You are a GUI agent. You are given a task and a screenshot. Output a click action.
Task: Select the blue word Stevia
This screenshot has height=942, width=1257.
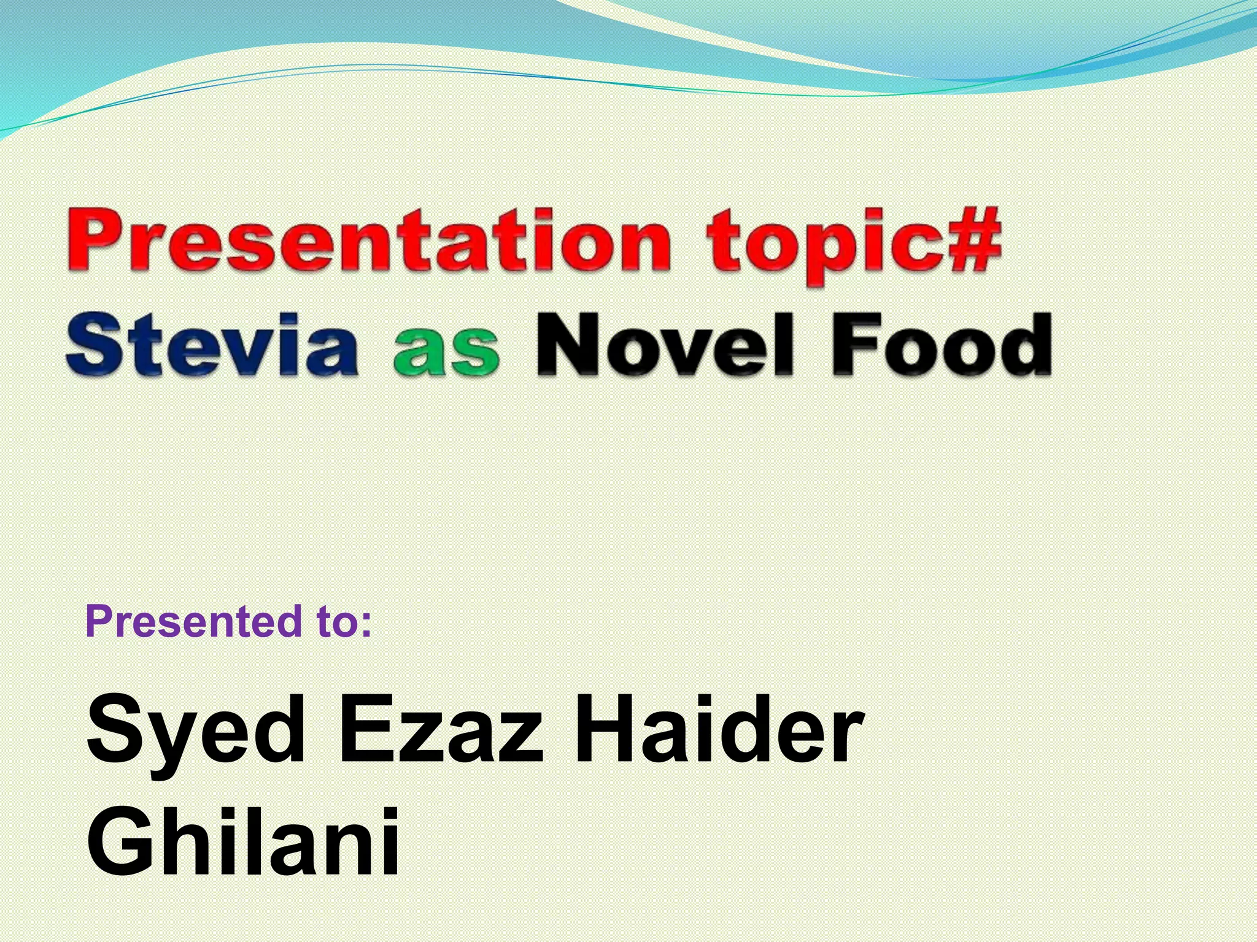tap(211, 345)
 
